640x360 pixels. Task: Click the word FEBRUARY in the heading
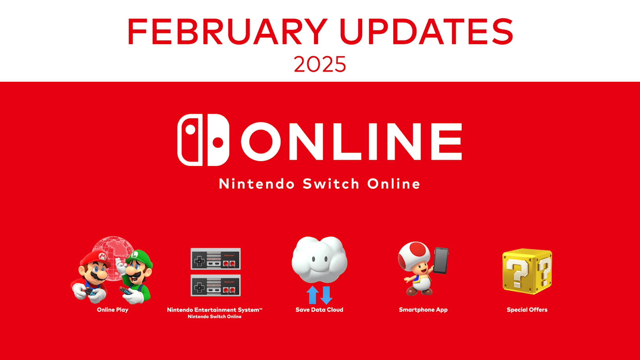pos(228,31)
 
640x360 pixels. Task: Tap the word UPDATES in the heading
pos(427,31)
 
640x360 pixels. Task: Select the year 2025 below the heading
pos(320,64)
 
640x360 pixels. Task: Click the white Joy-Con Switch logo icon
pos(203,140)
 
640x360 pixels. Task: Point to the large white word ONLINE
pos(351,142)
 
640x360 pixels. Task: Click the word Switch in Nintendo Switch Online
pos(331,184)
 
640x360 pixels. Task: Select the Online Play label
pos(113,310)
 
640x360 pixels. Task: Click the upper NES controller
pos(215,258)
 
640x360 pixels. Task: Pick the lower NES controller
pos(215,286)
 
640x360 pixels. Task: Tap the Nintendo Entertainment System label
pos(215,310)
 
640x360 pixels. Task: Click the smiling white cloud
pos(320,259)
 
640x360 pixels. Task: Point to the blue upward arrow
pos(313,295)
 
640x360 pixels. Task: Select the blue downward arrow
pos(326,295)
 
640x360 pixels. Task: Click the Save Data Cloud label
pos(320,310)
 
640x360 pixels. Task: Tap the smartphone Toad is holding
pos(441,260)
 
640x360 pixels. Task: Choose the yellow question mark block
pos(527,271)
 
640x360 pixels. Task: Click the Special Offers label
pos(527,310)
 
